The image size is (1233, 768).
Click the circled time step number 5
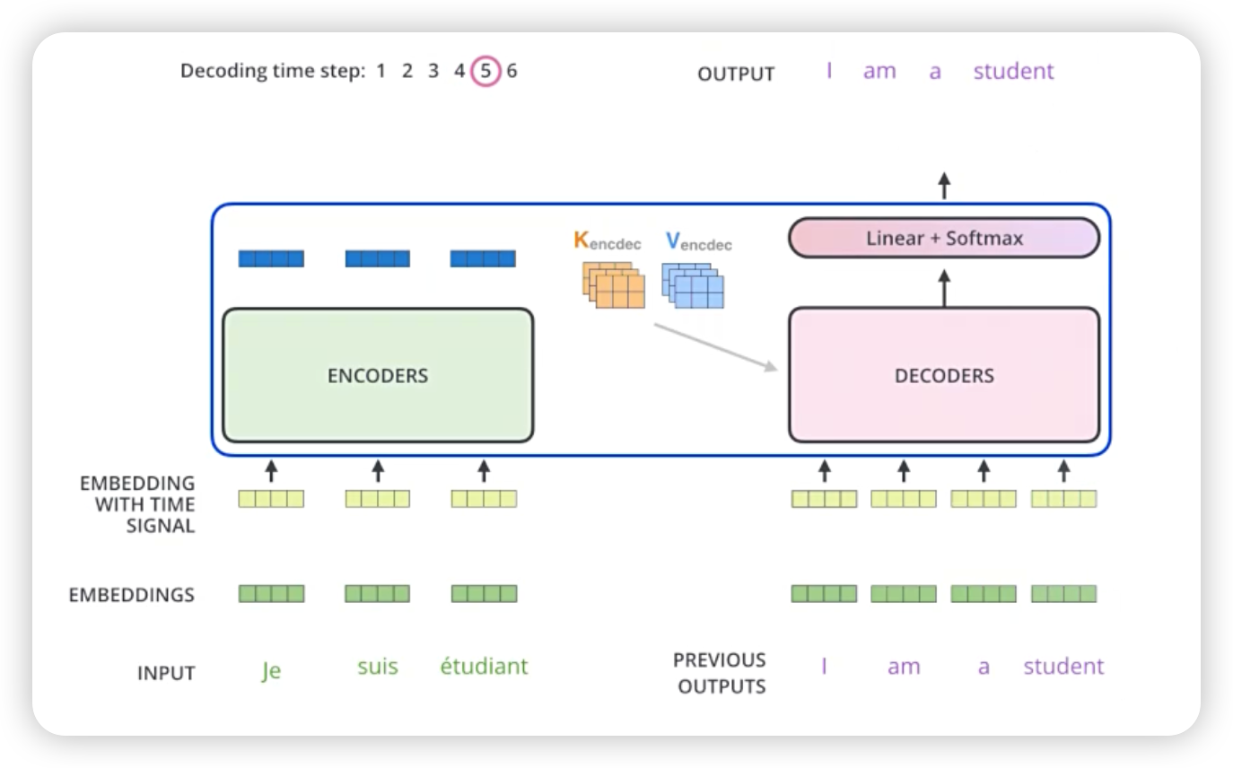[x=485, y=71]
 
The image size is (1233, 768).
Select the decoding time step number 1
[x=380, y=71]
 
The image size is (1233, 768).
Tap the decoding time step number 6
[x=512, y=71]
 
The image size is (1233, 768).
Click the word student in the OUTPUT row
[x=1013, y=72]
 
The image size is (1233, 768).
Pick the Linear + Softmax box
[x=943, y=239]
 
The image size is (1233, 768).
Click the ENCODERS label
[x=378, y=376]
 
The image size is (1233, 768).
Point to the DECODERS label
[x=944, y=376]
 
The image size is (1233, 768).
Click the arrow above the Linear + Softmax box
[x=944, y=186]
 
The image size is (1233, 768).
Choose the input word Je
[x=271, y=670]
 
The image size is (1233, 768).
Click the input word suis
[x=378, y=667]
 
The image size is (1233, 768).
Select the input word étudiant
[x=484, y=667]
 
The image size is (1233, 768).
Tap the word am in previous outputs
[x=904, y=668]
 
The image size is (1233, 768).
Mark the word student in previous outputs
[x=1063, y=667]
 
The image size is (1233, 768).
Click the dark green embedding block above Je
[x=271, y=594]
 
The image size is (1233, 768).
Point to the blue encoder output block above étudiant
[x=483, y=259]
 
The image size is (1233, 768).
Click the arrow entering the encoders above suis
[x=378, y=470]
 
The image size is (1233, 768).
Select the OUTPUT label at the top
[x=736, y=74]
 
